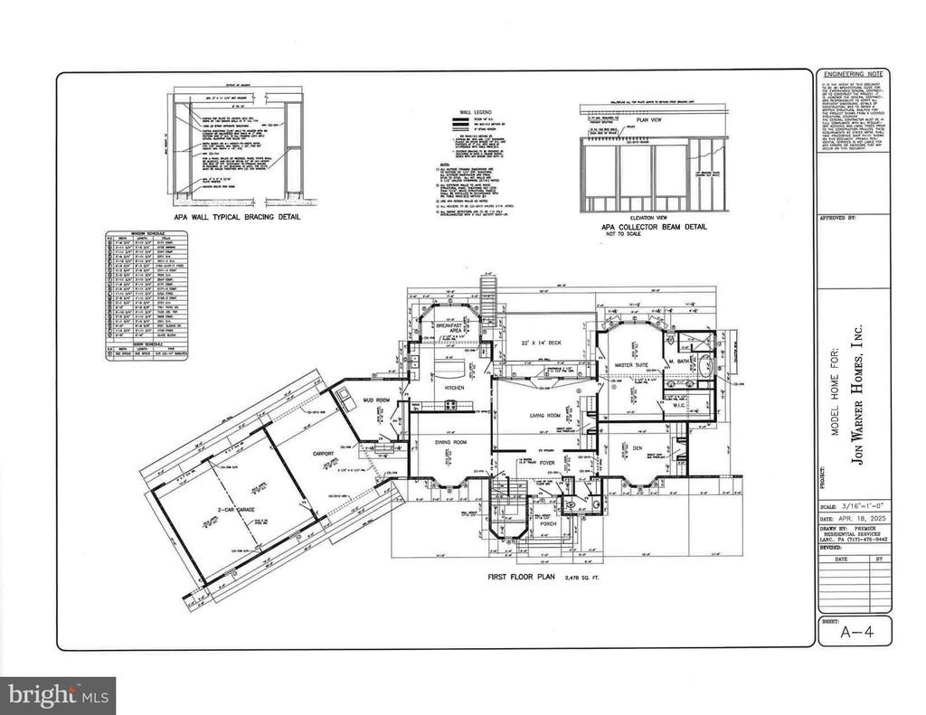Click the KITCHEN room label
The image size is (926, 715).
(454, 388)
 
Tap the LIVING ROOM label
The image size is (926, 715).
(545, 415)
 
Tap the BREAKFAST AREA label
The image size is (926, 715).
(449, 329)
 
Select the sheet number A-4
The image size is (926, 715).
(854, 630)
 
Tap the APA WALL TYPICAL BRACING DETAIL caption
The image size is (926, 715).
(238, 218)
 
